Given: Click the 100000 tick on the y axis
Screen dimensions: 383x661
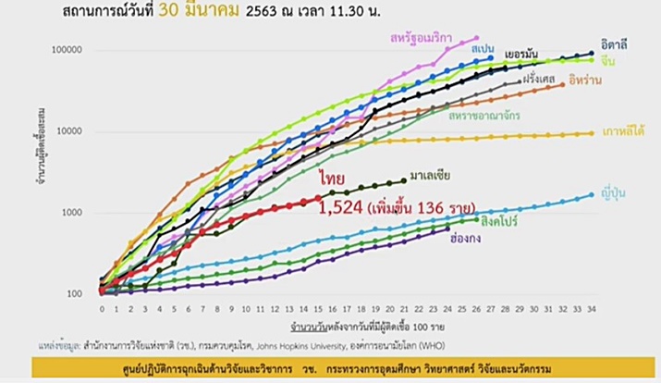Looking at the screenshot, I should click(x=73, y=50).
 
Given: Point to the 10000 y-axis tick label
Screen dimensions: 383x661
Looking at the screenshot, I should click(x=76, y=131).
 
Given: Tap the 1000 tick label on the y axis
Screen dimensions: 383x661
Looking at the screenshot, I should click(x=78, y=213).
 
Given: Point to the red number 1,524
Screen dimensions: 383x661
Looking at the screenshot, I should click(x=341, y=205).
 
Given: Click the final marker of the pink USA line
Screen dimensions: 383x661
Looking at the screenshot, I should click(x=475, y=38).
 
